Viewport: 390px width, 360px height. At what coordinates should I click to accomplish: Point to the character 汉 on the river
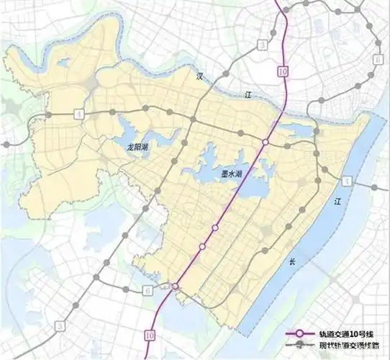point(202,75)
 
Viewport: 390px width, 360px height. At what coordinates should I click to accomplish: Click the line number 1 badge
point(347,179)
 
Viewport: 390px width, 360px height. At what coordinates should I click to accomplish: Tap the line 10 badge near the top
point(281,71)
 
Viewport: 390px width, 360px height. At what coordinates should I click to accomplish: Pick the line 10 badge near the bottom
point(149,333)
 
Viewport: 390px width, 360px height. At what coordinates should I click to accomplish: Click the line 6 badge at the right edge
point(378,59)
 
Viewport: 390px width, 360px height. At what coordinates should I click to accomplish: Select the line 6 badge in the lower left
point(148,290)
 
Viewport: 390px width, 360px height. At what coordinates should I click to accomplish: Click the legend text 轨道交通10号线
point(344,335)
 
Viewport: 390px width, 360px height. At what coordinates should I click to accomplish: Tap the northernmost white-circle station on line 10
point(266,143)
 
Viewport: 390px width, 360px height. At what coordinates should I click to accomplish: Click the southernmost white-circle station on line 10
point(176,287)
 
